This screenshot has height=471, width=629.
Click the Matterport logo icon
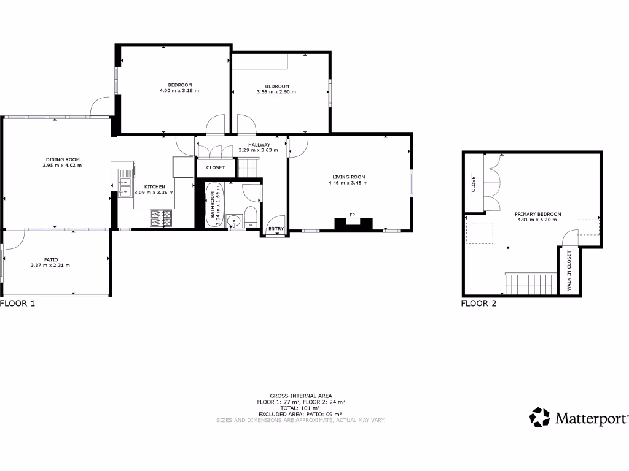[x=540, y=417]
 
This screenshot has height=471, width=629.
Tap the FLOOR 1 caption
[x=18, y=303]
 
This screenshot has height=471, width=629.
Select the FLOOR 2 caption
[x=479, y=303]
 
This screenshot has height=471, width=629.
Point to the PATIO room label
[x=50, y=259]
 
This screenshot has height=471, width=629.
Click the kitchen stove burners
[x=161, y=215]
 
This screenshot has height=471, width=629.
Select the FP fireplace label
[x=353, y=215]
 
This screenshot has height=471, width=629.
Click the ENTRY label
[x=276, y=229]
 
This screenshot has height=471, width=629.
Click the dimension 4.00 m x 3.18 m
[x=179, y=90]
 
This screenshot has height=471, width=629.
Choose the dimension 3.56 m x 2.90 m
[x=276, y=91]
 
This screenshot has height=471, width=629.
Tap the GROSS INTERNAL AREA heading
[x=301, y=396]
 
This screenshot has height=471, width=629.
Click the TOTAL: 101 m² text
[x=301, y=408]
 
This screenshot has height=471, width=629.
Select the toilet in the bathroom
[x=251, y=216]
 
